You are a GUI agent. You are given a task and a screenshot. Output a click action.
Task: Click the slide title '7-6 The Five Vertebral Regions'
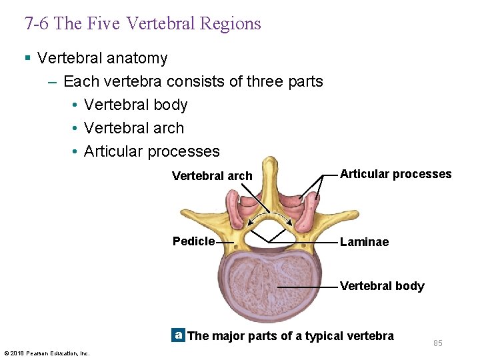click(143, 24)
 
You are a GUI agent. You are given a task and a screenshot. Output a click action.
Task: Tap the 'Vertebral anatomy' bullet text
click(102, 58)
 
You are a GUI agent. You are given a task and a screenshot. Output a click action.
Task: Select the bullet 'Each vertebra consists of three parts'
click(193, 81)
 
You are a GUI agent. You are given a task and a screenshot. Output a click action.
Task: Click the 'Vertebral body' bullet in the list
click(135, 105)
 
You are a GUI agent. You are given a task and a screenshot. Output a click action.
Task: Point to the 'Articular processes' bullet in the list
click(151, 151)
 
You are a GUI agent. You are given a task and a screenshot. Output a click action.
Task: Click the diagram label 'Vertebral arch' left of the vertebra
click(212, 176)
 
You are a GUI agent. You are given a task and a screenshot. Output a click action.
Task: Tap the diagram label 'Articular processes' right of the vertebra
click(395, 174)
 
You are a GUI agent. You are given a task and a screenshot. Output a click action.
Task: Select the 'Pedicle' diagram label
click(193, 241)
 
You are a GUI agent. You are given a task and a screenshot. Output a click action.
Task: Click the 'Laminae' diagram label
click(364, 242)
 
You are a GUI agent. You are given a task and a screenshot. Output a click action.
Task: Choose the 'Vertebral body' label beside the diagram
click(382, 286)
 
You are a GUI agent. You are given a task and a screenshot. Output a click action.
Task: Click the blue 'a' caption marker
click(177, 335)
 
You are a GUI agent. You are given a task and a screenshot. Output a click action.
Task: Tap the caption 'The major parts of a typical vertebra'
click(291, 336)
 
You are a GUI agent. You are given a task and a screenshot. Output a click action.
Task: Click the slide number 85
click(437, 343)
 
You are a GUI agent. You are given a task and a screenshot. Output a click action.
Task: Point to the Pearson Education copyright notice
click(47, 353)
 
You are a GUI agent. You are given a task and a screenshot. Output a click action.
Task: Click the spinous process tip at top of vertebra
click(269, 163)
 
